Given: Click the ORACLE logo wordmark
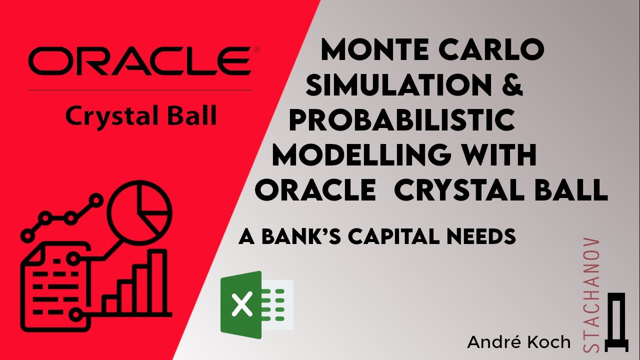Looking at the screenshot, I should (x=139, y=61).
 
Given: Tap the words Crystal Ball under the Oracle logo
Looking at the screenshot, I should (x=141, y=116).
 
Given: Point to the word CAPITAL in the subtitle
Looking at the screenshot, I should (x=400, y=236).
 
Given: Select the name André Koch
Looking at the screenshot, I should (x=518, y=342).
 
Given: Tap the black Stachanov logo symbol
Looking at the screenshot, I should (x=613, y=323).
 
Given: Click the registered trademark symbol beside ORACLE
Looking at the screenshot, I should (x=256, y=49).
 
